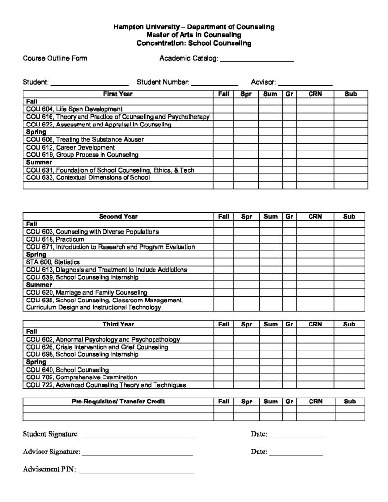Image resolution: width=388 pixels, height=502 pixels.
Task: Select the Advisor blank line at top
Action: click(305, 83)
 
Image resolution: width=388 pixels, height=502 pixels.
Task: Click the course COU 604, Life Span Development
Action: click(75, 109)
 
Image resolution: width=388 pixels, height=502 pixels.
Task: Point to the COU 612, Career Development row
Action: click(71, 147)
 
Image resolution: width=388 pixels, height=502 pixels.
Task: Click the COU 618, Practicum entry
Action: click(55, 239)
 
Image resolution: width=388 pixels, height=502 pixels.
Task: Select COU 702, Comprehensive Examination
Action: click(81, 377)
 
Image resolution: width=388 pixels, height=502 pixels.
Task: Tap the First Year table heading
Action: click(118, 94)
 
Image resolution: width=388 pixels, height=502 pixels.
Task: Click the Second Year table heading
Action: click(118, 216)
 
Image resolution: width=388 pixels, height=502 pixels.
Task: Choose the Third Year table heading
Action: click(118, 324)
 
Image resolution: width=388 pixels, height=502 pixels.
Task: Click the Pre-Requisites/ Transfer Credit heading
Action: click(118, 402)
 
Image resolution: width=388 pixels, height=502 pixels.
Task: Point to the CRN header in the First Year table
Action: click(315, 94)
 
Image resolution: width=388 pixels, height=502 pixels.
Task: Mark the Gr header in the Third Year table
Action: click(289, 324)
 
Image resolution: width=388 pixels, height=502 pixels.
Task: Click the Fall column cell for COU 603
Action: click(224, 231)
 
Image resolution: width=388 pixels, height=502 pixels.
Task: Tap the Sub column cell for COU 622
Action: click(350, 125)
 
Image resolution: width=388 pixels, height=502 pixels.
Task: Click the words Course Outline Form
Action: click(55, 59)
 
